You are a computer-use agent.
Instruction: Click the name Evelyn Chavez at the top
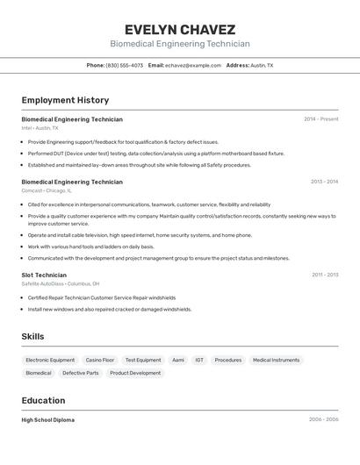click(180, 29)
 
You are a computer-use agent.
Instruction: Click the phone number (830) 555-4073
click(124, 65)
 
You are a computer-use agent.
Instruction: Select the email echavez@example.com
click(193, 65)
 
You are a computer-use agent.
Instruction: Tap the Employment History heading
click(65, 100)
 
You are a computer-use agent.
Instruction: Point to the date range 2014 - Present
click(320, 118)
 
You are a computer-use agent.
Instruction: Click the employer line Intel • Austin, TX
click(40, 127)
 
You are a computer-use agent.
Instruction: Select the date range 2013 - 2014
click(324, 182)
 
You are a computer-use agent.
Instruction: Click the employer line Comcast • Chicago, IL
click(47, 190)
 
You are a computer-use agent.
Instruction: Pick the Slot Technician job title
click(44, 275)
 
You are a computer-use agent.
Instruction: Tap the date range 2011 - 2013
click(325, 275)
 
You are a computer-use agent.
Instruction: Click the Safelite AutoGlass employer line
click(61, 283)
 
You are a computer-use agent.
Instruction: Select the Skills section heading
click(33, 336)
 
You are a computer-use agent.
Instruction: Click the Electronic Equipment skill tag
click(50, 360)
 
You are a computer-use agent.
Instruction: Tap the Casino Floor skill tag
click(100, 360)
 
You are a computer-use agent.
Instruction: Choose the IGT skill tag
click(199, 360)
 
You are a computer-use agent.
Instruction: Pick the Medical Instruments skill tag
click(276, 360)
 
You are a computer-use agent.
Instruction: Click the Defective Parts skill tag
click(81, 373)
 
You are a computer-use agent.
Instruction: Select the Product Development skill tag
click(135, 373)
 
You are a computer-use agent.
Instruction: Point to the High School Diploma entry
click(48, 419)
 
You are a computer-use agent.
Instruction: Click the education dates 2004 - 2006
click(323, 419)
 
